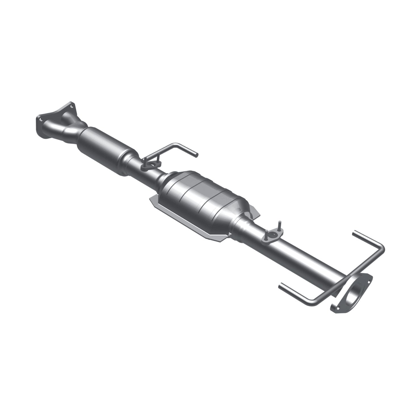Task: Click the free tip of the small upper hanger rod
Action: tap(195, 155)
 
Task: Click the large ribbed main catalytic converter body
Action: tap(199, 199)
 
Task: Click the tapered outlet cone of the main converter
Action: tap(241, 221)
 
